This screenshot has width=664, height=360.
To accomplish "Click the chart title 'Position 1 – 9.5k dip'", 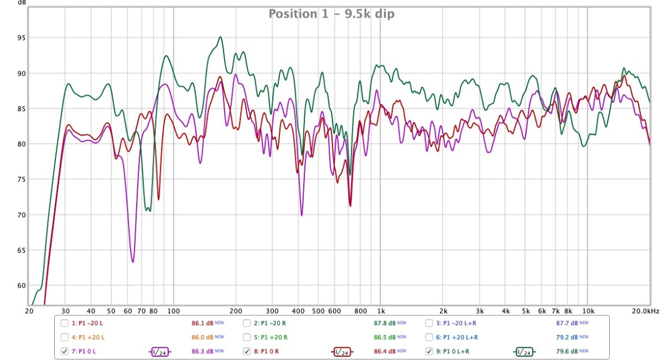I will click(x=331, y=14).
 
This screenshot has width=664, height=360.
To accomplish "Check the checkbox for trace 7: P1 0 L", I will click(x=65, y=351).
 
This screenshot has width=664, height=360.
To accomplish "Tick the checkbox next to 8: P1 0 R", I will click(x=247, y=351).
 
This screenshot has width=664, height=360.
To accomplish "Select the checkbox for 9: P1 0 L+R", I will click(x=429, y=351).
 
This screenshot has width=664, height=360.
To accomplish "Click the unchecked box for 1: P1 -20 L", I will click(x=65, y=323).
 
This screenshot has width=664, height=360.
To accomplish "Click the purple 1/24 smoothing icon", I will click(x=160, y=351).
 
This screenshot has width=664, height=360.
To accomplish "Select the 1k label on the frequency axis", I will click(x=380, y=311).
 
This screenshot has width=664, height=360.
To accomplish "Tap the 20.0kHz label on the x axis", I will click(x=646, y=311).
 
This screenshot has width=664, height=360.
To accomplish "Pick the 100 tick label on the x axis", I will click(x=173, y=311).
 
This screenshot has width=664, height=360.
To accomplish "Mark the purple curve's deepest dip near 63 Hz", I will click(x=133, y=262).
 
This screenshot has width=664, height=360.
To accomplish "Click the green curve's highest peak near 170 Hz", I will click(x=220, y=37).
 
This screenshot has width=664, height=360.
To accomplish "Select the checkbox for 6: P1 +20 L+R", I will click(x=429, y=337).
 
